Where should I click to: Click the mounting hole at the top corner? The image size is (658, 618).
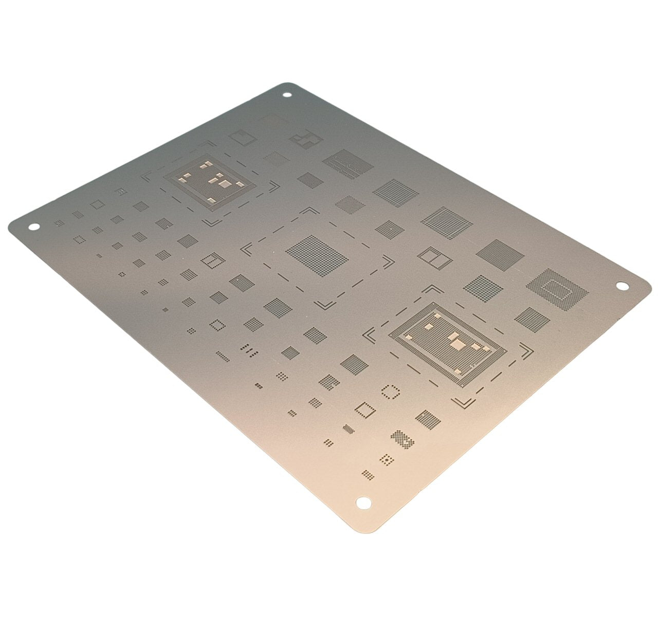pyautogui.click(x=287, y=95)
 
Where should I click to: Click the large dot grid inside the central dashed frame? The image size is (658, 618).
pyautogui.click(x=317, y=255)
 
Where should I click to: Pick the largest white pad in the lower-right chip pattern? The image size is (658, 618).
pyautogui.click(x=456, y=342)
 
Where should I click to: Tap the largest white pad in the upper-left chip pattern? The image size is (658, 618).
pyautogui.click(x=224, y=182)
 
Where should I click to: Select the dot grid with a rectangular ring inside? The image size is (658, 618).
pyautogui.click(x=557, y=289)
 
